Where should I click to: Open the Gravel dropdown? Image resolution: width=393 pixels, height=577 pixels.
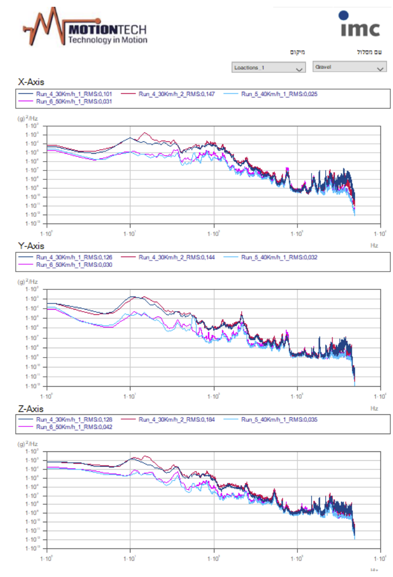coord(349,67)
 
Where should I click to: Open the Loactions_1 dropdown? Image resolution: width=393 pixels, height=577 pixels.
coord(268,68)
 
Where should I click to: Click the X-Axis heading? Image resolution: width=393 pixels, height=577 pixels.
coord(31,82)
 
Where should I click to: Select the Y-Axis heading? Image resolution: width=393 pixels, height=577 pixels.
coord(31,245)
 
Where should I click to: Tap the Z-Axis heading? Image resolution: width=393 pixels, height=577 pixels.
coord(31,409)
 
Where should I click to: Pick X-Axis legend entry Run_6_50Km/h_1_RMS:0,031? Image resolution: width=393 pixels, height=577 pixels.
coord(74,102)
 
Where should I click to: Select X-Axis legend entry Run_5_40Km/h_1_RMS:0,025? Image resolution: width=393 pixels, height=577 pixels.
coord(279,94)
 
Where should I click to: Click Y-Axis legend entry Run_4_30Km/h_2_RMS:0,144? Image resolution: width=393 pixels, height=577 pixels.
coord(176,257)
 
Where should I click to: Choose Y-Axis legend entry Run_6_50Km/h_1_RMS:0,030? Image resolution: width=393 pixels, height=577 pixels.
coord(74,265)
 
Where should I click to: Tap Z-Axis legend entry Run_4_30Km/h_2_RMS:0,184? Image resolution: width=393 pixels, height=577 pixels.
coord(176,420)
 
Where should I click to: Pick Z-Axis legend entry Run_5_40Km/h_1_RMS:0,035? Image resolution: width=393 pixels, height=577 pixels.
coord(279,420)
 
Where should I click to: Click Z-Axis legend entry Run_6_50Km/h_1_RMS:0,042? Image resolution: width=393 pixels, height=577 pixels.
coord(74,427)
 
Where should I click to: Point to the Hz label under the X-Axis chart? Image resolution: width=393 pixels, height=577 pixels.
coord(374,243)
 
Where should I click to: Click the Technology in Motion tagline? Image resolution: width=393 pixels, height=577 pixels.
coord(108,40)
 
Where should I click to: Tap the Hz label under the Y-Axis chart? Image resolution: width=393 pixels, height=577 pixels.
coord(374,408)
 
